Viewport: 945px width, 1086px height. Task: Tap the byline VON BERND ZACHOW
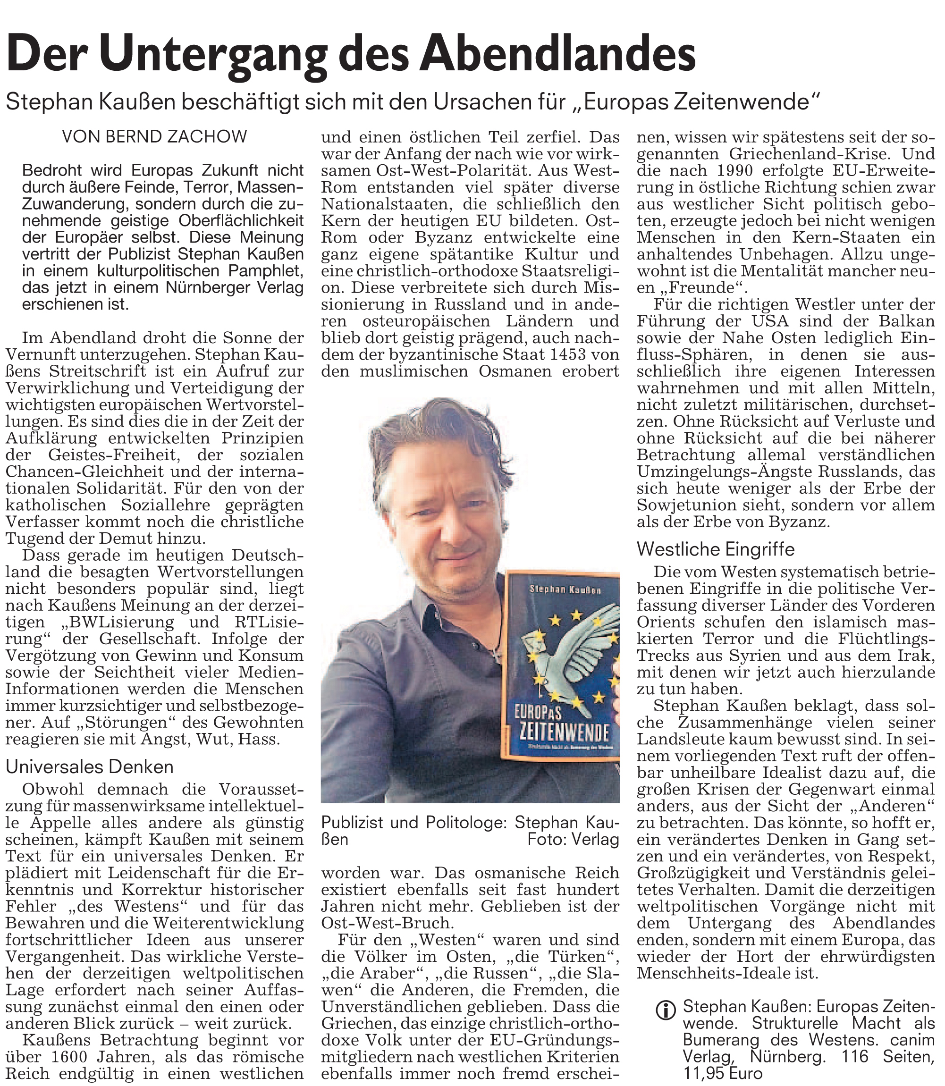(x=154, y=137)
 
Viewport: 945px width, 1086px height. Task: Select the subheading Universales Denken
(x=90, y=766)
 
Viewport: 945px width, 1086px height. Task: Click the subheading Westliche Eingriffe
(x=715, y=549)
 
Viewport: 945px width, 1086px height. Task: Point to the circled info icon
(x=666, y=1010)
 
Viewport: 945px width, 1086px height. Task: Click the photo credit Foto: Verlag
(x=573, y=839)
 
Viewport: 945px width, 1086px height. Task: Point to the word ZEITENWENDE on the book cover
(x=564, y=732)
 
